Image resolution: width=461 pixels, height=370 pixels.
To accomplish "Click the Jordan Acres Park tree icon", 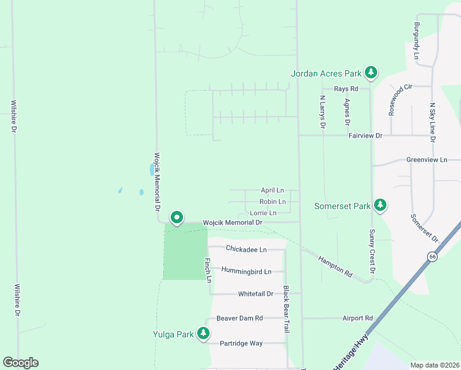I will pos(371,73).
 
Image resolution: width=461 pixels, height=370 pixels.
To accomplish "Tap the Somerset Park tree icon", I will pos(381,205).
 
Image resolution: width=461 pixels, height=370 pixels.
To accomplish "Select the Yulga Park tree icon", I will pos(204,334).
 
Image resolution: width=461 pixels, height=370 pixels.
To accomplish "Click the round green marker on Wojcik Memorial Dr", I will pos(177,218).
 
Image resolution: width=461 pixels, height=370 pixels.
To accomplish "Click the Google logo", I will pos(20,363).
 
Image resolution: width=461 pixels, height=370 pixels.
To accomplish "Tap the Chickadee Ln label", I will pos(246,249).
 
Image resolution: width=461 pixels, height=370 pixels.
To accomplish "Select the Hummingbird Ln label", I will pos(247,271).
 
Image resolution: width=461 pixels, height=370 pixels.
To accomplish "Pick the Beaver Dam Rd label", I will pos(240,318).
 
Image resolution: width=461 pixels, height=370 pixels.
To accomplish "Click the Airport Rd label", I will pos(358,318).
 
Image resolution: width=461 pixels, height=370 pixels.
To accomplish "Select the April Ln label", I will pos(272,191).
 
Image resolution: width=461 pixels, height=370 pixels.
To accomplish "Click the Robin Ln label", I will pos(272,202).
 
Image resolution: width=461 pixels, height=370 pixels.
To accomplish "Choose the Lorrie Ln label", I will pos(263,213).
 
